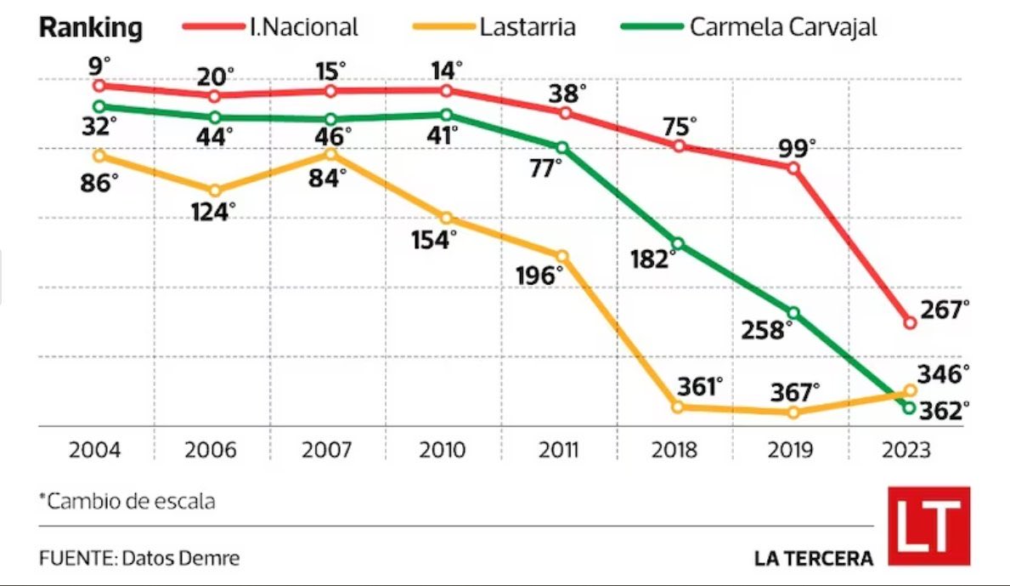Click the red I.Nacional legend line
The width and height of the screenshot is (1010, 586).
pyautogui.click(x=213, y=27)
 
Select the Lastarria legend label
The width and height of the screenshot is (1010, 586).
pyautogui.click(x=527, y=27)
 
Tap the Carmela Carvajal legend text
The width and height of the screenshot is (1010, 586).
pyautogui.click(x=782, y=27)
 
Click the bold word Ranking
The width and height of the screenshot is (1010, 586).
pyautogui.click(x=91, y=27)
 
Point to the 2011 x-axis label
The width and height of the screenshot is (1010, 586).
pyautogui.click(x=558, y=450)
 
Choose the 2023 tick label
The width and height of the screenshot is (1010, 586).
pyautogui.click(x=906, y=450)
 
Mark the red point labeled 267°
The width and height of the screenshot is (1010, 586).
pyautogui.click(x=910, y=323)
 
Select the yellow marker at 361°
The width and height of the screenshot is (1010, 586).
pyautogui.click(x=678, y=407)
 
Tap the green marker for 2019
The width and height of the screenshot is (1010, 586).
pyautogui.click(x=793, y=313)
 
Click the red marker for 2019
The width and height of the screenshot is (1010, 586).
pyautogui.click(x=793, y=168)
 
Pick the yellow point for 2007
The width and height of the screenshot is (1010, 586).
pyautogui.click(x=330, y=154)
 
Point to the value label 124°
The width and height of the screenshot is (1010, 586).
pyautogui.click(x=213, y=213)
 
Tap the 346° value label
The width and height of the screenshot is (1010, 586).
pyautogui.click(x=943, y=374)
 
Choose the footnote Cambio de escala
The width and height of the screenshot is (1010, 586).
pyautogui.click(x=130, y=501)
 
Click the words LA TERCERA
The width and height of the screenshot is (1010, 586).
pyautogui.click(x=813, y=558)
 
